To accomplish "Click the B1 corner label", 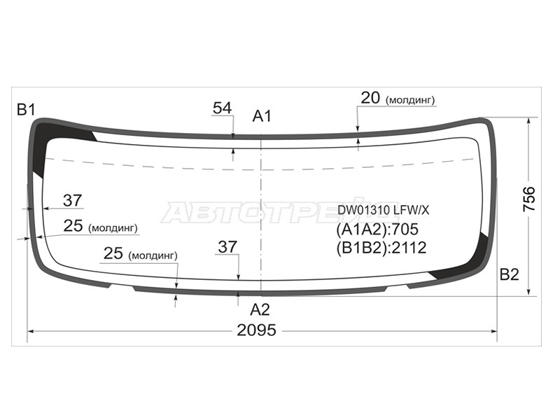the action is (26, 110).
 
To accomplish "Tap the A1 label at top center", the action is (262, 116).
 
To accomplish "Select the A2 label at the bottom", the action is (260, 309).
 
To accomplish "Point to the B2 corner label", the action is (509, 274).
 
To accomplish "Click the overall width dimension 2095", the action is (256, 330).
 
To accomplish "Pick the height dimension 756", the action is (529, 199).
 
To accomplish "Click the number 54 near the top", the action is (222, 108).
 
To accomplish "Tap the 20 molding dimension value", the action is (370, 97).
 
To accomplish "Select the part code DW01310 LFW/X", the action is (384, 210).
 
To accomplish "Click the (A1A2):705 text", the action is (377, 230).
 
